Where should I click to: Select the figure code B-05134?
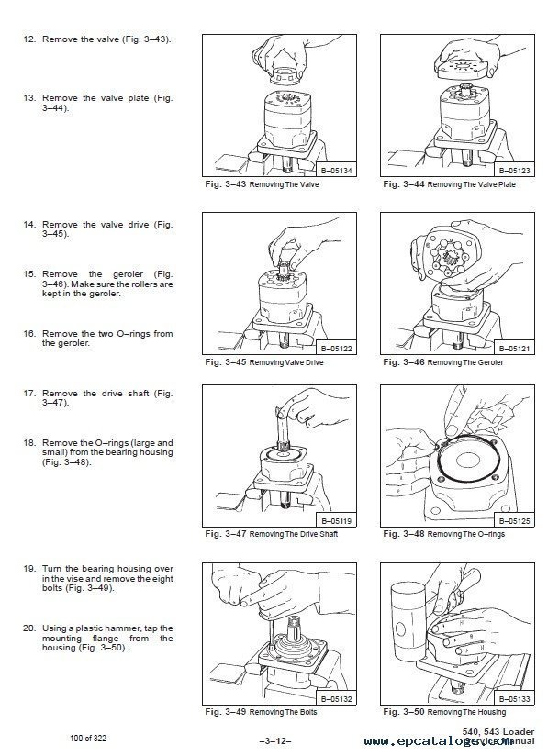[339, 171]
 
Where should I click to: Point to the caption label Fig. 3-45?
[224, 362]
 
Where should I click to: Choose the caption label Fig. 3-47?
[224, 533]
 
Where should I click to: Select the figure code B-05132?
[339, 699]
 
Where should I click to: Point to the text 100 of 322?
[94, 737]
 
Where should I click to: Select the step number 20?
[28, 627]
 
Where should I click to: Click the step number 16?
[28, 333]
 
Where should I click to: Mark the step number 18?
[28, 442]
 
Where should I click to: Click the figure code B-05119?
[339, 520]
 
